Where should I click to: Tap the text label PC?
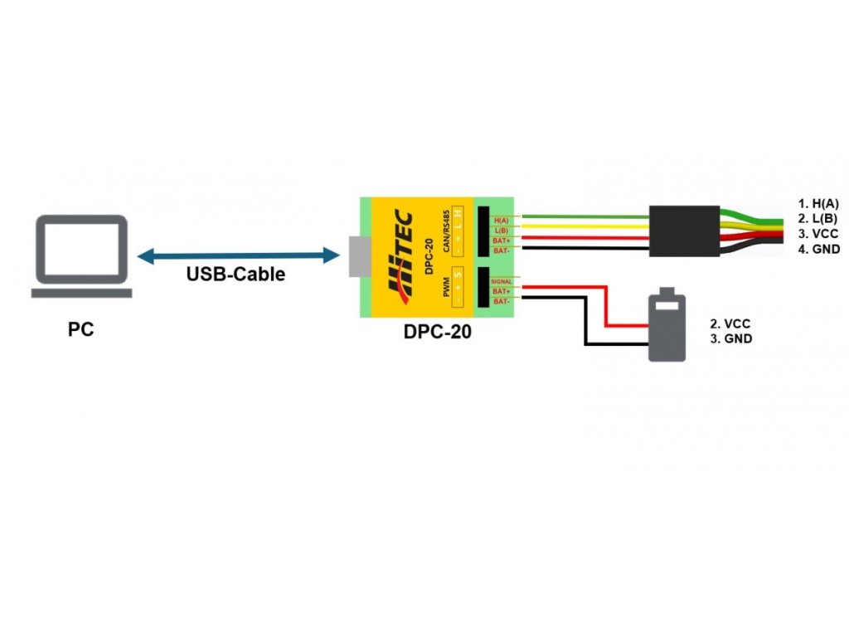pos(80,329)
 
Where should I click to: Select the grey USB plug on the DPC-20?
pos(357,256)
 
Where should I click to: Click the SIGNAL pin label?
pos(502,282)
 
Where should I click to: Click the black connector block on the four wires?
pos(684,230)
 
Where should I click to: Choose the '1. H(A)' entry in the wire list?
pos(818,203)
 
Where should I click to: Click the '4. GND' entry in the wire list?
pos(818,249)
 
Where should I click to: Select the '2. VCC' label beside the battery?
pos(731,323)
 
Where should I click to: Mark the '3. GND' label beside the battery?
pos(731,339)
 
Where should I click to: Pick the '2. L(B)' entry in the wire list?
pos(818,218)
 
